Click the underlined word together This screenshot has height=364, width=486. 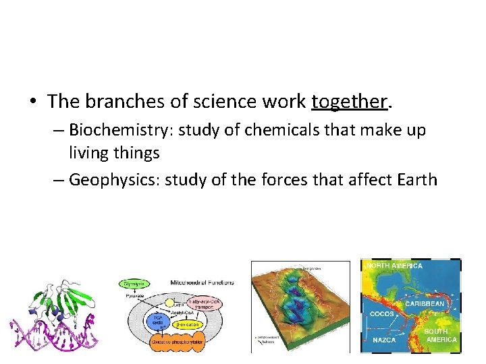point(349,102)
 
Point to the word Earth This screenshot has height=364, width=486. point(414,180)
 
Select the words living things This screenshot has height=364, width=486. point(114,153)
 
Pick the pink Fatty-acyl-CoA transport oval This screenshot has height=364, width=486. point(207,303)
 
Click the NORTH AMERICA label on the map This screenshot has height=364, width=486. point(394,266)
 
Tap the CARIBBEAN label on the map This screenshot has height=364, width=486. point(425,304)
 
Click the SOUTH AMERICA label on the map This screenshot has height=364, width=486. point(440,335)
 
